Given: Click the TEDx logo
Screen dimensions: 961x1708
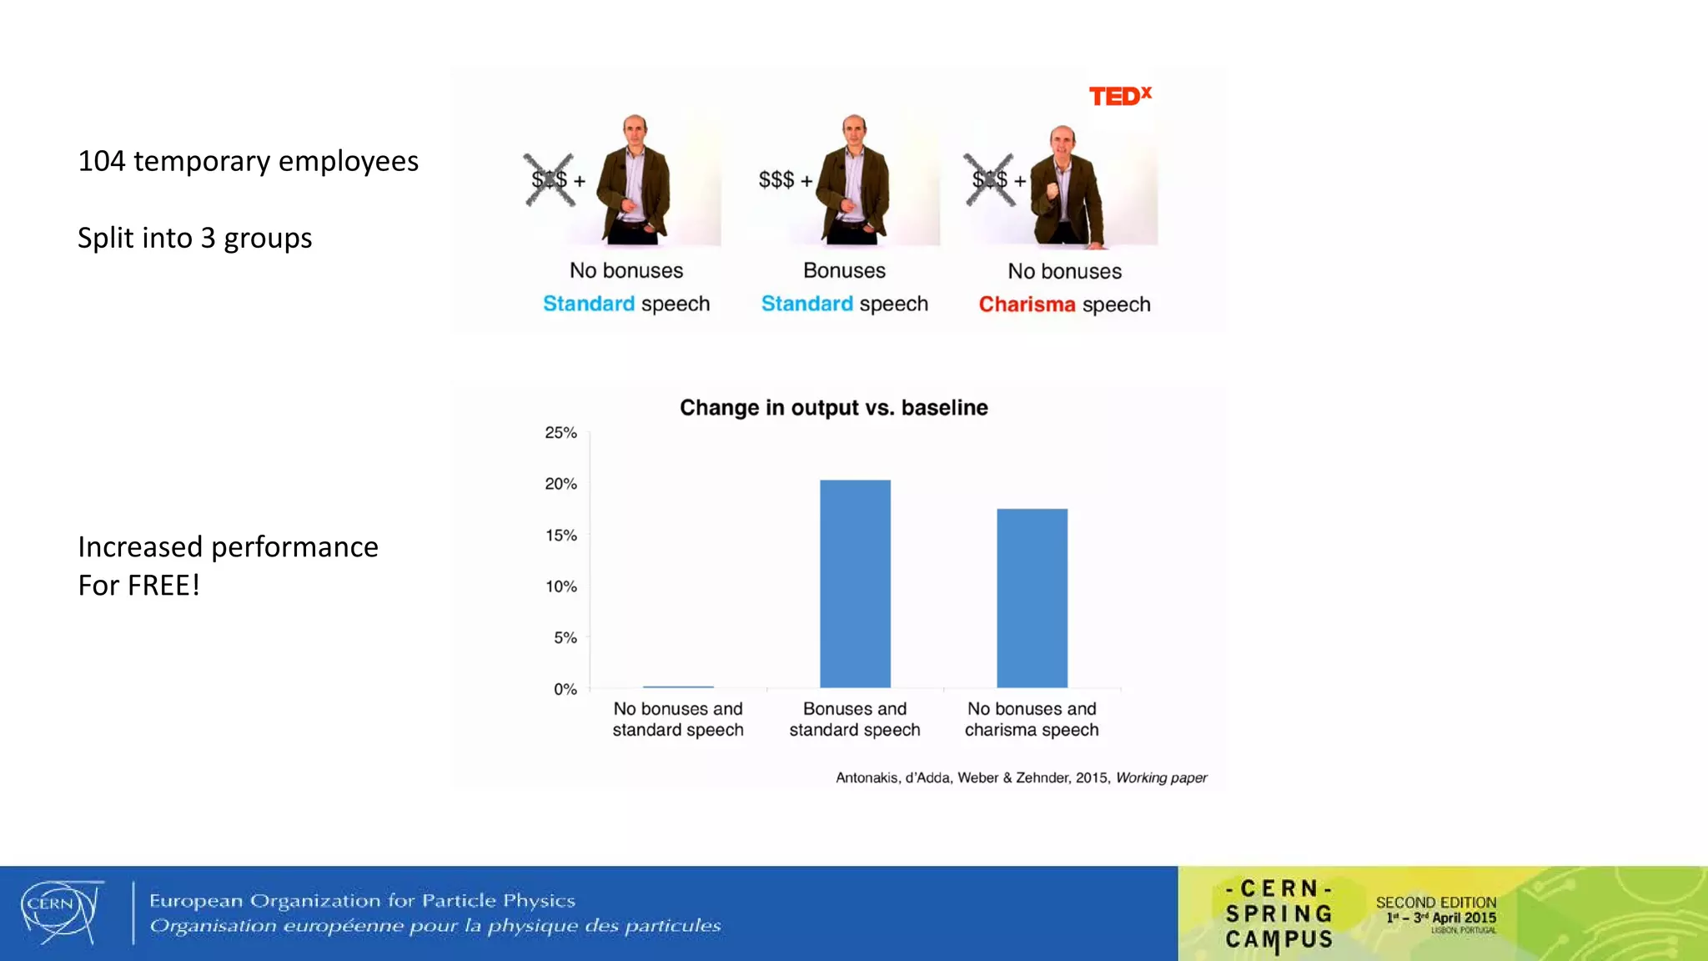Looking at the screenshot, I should [x=1119, y=96].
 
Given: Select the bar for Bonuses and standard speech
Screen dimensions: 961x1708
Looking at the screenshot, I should [x=855, y=583].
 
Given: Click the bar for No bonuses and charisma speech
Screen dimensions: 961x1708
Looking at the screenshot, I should [x=1032, y=597].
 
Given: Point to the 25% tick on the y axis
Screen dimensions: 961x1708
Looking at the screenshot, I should [x=560, y=433].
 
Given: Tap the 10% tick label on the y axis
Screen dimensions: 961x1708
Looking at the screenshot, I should [x=560, y=586].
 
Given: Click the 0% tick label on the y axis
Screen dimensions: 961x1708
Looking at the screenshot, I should [x=565, y=689].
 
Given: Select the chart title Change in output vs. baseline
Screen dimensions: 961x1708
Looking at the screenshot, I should [x=833, y=408].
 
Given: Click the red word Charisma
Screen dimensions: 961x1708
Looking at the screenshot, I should [x=1027, y=304].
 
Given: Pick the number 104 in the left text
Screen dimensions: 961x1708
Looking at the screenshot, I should [x=101, y=161].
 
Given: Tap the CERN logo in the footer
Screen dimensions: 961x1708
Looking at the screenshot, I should [x=60, y=912].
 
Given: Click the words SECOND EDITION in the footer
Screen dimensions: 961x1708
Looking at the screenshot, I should [x=1435, y=903].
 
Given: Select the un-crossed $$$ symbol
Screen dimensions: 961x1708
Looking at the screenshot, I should [x=776, y=179].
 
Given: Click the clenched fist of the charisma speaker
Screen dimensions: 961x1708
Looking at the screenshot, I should [x=1052, y=190].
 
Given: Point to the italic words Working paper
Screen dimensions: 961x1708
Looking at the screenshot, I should [x=1161, y=777].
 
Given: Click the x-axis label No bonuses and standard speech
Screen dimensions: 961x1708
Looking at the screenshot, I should [x=677, y=719].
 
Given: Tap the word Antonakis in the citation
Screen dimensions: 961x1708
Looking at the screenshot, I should [x=867, y=777].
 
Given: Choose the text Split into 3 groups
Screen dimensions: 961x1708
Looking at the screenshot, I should [x=194, y=239].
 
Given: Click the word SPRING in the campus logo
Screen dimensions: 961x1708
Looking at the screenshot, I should [x=1278, y=914].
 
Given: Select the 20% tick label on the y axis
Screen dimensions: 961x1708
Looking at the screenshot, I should [x=560, y=484].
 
